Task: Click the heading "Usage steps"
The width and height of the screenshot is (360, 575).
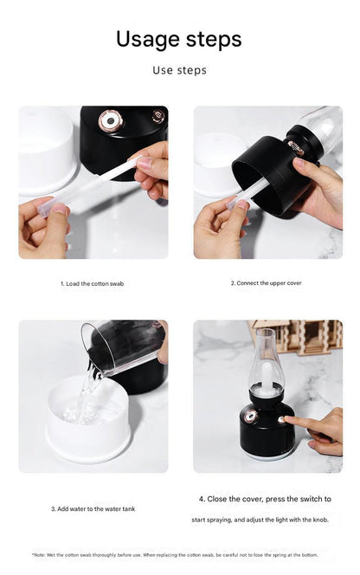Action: point(179,40)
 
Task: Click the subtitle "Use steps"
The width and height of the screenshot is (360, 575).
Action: point(179,70)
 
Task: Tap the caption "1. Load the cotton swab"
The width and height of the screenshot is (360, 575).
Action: point(92,283)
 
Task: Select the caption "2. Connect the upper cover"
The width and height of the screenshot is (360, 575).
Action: point(267,282)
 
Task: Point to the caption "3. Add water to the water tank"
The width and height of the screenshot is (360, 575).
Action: point(93,508)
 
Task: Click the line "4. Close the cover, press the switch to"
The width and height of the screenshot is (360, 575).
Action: point(265,499)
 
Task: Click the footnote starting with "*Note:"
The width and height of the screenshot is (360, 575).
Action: point(175,555)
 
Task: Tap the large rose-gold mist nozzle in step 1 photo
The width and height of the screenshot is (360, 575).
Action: point(111,120)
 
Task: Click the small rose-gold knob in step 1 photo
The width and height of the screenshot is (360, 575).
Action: point(158,116)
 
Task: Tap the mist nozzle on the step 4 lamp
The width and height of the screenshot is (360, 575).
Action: point(251,417)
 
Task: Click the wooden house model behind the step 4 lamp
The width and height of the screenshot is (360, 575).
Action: point(298,336)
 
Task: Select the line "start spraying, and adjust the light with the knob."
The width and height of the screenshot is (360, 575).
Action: point(260,520)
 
